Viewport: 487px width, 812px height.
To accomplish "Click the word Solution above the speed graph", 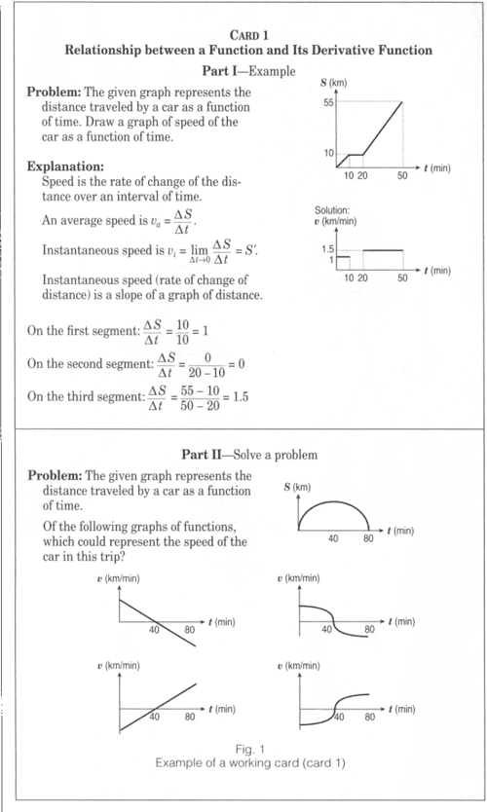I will pyautogui.click(x=332, y=210).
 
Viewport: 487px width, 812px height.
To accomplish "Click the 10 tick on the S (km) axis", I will pyautogui.click(x=328, y=154).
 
